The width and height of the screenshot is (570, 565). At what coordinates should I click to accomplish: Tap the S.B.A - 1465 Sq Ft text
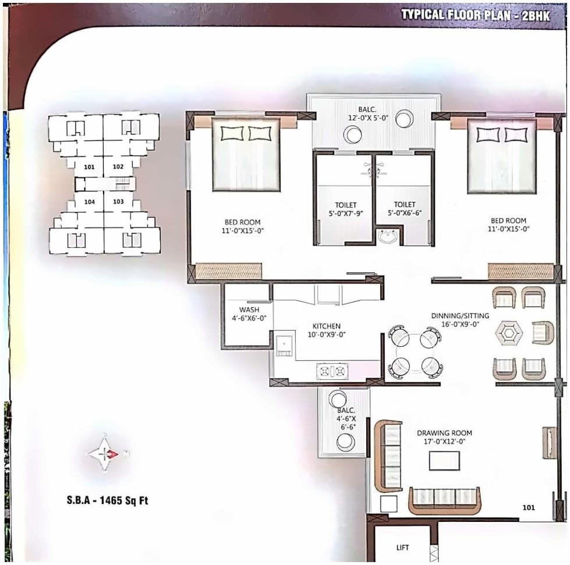(107, 500)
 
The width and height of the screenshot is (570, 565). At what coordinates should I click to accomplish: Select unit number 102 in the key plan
(118, 166)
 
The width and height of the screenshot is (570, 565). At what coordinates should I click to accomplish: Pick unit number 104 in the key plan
(89, 202)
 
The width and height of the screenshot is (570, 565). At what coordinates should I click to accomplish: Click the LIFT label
(402, 548)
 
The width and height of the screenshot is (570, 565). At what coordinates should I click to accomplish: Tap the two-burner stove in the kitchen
(332, 371)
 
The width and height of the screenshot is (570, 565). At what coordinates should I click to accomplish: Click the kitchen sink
(285, 346)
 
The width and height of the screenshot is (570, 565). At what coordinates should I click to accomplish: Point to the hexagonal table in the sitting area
(509, 333)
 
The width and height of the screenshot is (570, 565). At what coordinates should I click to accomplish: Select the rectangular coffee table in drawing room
(444, 461)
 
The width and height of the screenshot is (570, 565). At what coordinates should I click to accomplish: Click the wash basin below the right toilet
(388, 236)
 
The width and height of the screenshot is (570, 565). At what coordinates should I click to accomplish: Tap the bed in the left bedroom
(245, 154)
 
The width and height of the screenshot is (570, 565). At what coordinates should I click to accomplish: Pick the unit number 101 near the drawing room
(528, 507)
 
